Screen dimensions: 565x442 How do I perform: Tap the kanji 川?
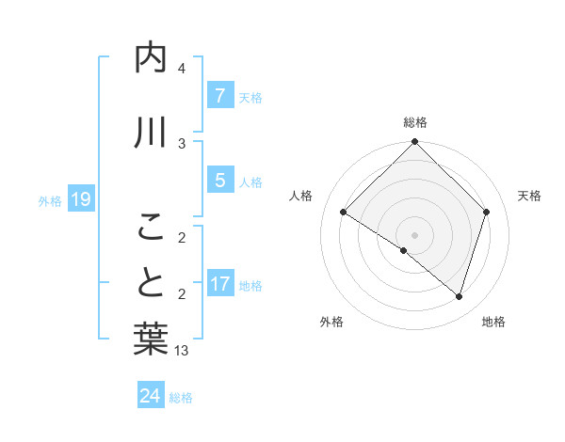point(152,134)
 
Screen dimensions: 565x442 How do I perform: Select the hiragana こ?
point(152,226)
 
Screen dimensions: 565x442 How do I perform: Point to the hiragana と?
point(152,282)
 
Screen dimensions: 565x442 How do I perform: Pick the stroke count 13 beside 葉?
point(182,351)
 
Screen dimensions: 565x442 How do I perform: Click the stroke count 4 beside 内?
point(182,69)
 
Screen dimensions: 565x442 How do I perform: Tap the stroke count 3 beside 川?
point(182,143)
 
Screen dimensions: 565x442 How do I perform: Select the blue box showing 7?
point(219,96)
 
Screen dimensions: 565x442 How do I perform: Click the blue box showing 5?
point(219,181)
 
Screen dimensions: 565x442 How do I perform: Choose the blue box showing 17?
point(219,284)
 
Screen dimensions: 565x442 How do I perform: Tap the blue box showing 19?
point(80,199)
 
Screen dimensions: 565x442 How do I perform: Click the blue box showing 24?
point(150,396)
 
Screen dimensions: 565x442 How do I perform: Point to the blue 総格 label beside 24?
point(181,398)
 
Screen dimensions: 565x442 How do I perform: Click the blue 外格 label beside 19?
point(50,200)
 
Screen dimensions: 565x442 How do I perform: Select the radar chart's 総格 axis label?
point(415,122)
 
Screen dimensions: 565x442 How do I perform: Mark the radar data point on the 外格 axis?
point(404,250)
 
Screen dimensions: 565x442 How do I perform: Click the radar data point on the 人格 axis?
point(344,213)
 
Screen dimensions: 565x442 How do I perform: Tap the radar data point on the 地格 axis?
point(459,296)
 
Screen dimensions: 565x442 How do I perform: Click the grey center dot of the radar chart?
point(414,234)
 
